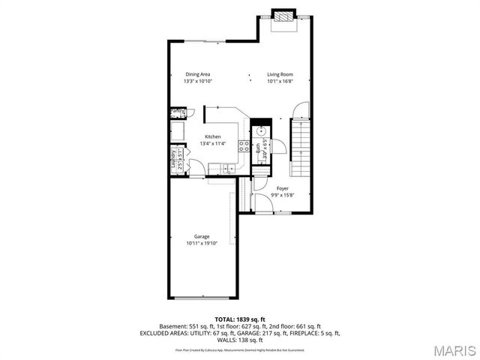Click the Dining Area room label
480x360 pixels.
[x=198, y=74]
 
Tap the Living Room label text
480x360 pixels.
[x=280, y=74]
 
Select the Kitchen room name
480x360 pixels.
[x=213, y=136]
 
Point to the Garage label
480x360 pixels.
[x=202, y=237]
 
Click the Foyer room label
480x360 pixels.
[x=282, y=188]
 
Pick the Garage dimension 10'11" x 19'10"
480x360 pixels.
[x=202, y=243]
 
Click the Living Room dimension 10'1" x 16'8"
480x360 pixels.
[x=280, y=81]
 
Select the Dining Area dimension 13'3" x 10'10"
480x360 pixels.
[x=198, y=81]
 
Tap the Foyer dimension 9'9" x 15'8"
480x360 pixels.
[x=282, y=195]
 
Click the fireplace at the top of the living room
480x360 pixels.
[x=283, y=16]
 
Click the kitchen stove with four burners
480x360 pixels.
[x=244, y=145]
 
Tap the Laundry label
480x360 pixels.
[x=173, y=163]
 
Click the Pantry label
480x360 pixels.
[x=178, y=112]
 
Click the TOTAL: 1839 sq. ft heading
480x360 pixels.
[x=240, y=319]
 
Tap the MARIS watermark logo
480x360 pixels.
[x=454, y=350]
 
